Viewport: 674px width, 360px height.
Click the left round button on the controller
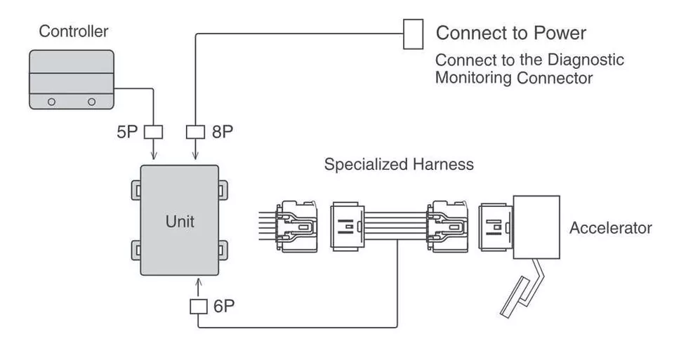pos(51,102)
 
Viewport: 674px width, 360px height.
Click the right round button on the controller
pos(91,102)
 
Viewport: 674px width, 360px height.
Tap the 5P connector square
pos(153,131)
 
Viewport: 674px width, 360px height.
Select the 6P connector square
pos(199,307)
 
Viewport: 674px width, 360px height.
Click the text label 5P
pos(129,132)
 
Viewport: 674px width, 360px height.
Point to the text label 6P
pos(225,307)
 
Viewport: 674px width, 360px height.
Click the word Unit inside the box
pos(180,222)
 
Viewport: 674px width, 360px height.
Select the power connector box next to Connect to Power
pos(414,34)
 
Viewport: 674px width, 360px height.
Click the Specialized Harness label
pos(398,165)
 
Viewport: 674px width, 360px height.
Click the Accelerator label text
pos(610,228)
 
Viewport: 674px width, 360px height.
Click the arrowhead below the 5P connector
pos(153,155)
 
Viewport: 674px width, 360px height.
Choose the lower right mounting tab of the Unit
pos(223,248)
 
